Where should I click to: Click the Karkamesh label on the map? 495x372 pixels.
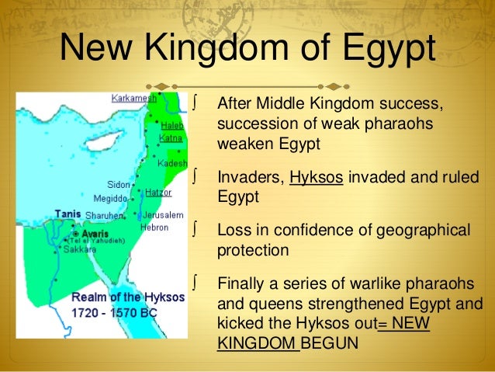coord(133,99)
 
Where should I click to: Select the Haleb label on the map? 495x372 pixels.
coord(171,125)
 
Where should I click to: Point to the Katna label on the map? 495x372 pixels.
coord(170,138)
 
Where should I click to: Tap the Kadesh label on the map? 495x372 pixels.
coord(171,165)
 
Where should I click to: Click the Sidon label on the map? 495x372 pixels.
coord(119,186)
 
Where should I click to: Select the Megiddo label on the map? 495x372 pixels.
coord(109,199)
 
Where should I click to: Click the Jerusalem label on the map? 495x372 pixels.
coord(162,214)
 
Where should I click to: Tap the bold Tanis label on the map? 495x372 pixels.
coord(67,214)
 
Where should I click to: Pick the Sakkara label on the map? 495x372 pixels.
coord(79,250)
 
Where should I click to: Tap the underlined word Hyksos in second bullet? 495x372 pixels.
coord(317,176)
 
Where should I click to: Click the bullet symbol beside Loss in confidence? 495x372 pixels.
coord(201,229)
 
